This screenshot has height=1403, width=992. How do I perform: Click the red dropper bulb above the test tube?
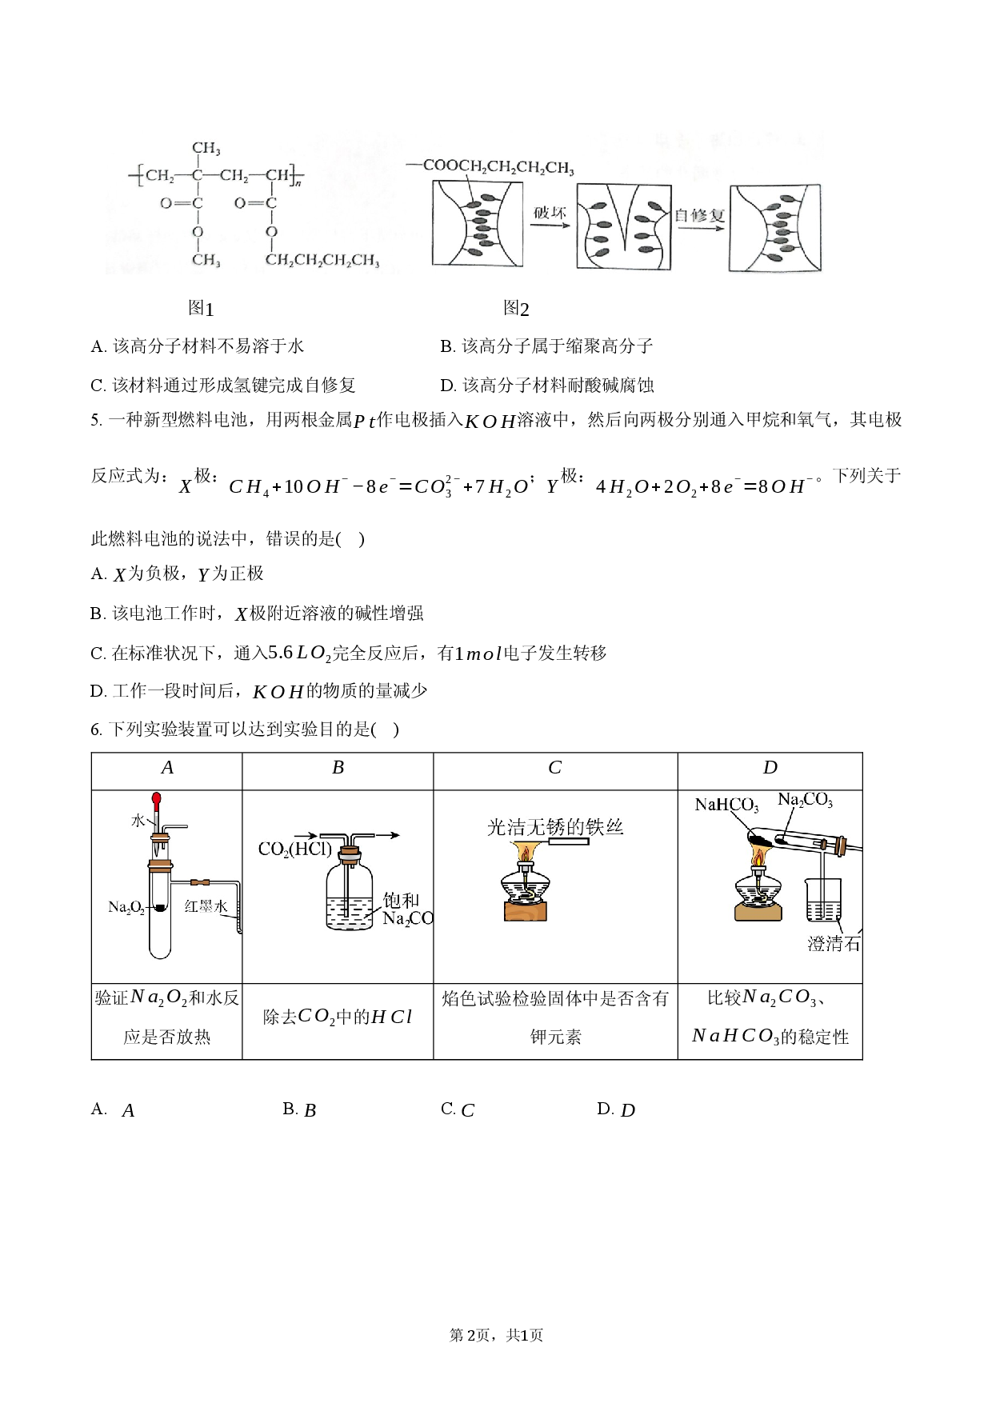pos(157,798)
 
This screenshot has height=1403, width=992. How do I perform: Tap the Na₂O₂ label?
pos(126,907)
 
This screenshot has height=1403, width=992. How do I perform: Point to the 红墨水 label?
pos(206,906)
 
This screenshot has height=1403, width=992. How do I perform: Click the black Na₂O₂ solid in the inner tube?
pos(160,908)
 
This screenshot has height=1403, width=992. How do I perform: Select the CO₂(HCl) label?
pos(294,849)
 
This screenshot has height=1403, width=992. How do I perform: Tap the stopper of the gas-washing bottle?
pos(349,857)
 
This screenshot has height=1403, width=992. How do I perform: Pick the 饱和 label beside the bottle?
pos(401,901)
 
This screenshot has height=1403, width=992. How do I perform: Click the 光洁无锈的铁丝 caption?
pos(555,827)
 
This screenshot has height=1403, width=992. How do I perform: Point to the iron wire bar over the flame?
pos(569,841)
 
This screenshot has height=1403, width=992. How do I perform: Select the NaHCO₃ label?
pos(726,805)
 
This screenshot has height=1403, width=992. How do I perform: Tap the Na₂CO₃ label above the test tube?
pos(805,800)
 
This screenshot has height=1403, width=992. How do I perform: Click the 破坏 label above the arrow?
pos(550,213)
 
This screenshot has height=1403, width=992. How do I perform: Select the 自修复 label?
pos(699,215)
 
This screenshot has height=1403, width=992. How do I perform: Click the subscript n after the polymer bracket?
pos(298,183)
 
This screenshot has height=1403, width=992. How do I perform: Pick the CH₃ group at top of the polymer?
pos(206,148)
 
